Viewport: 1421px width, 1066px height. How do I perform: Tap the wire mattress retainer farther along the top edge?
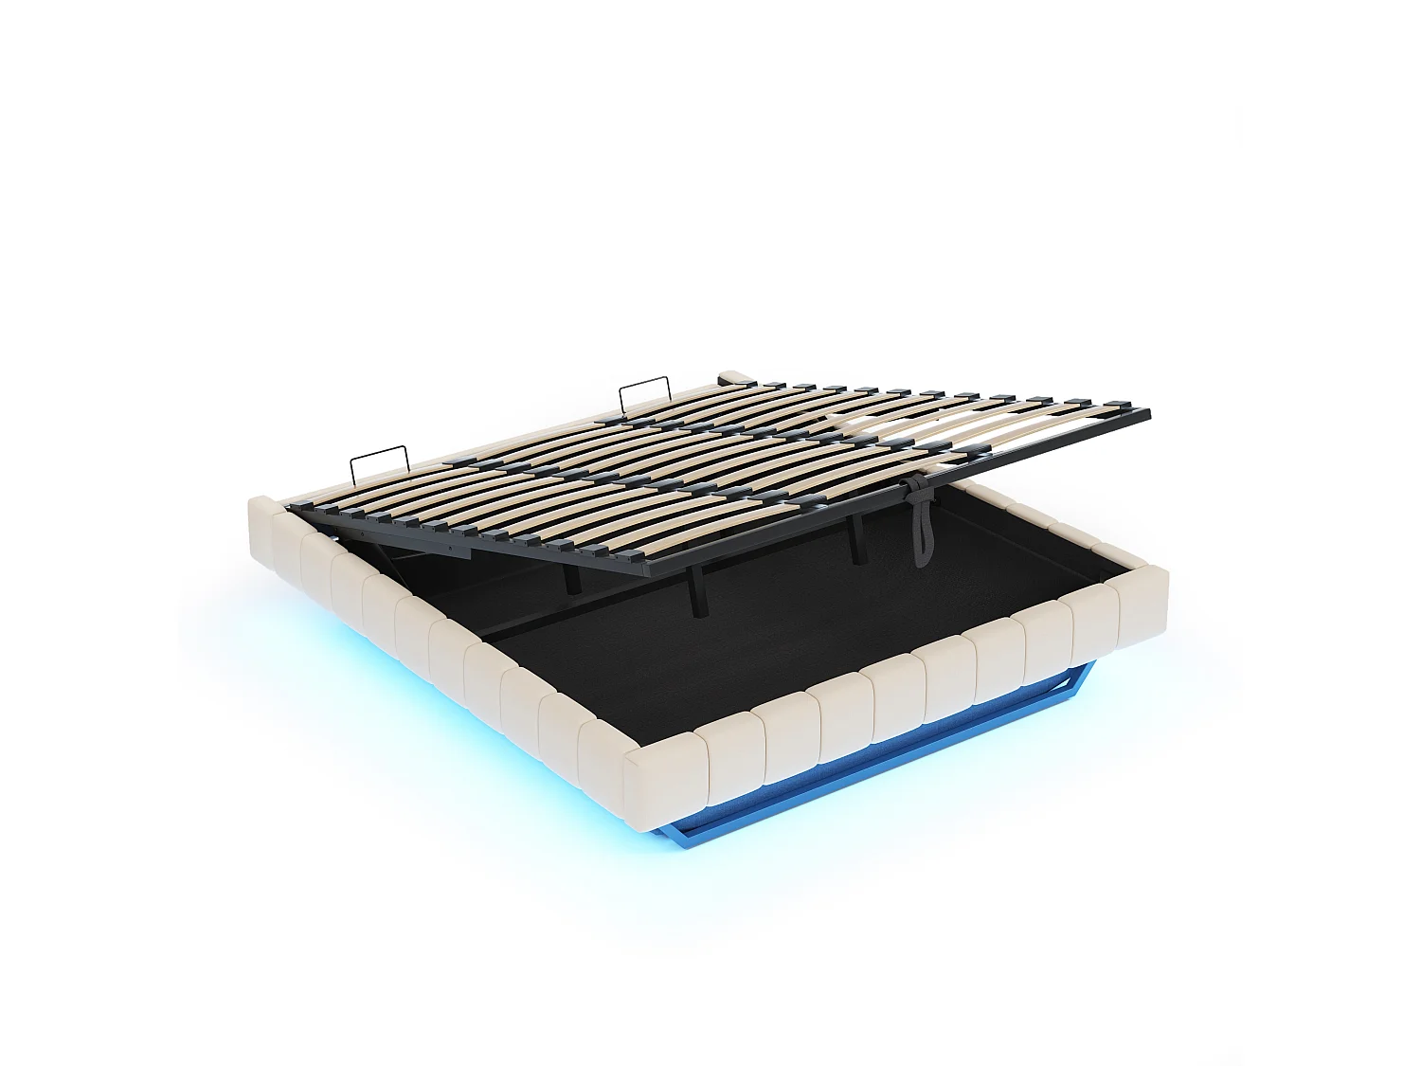(x=644, y=398)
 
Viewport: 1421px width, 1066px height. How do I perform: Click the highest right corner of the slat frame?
(x=1146, y=413)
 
